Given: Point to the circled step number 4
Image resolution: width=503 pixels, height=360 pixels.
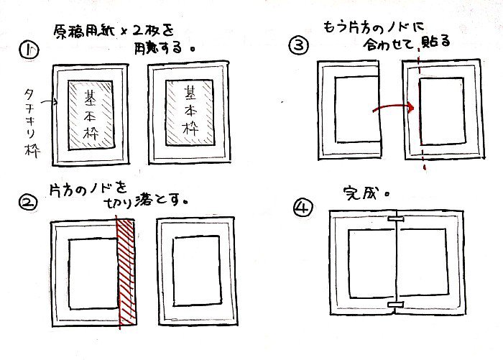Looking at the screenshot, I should click(x=302, y=208).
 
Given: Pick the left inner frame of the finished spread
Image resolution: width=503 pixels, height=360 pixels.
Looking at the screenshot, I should click(x=369, y=262).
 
